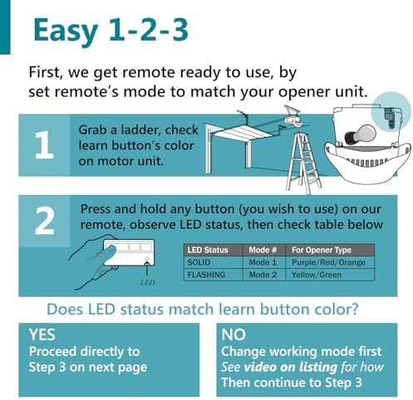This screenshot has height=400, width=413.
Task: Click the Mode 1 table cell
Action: coord(263,261)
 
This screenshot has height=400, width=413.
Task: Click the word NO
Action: coord(235,334)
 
